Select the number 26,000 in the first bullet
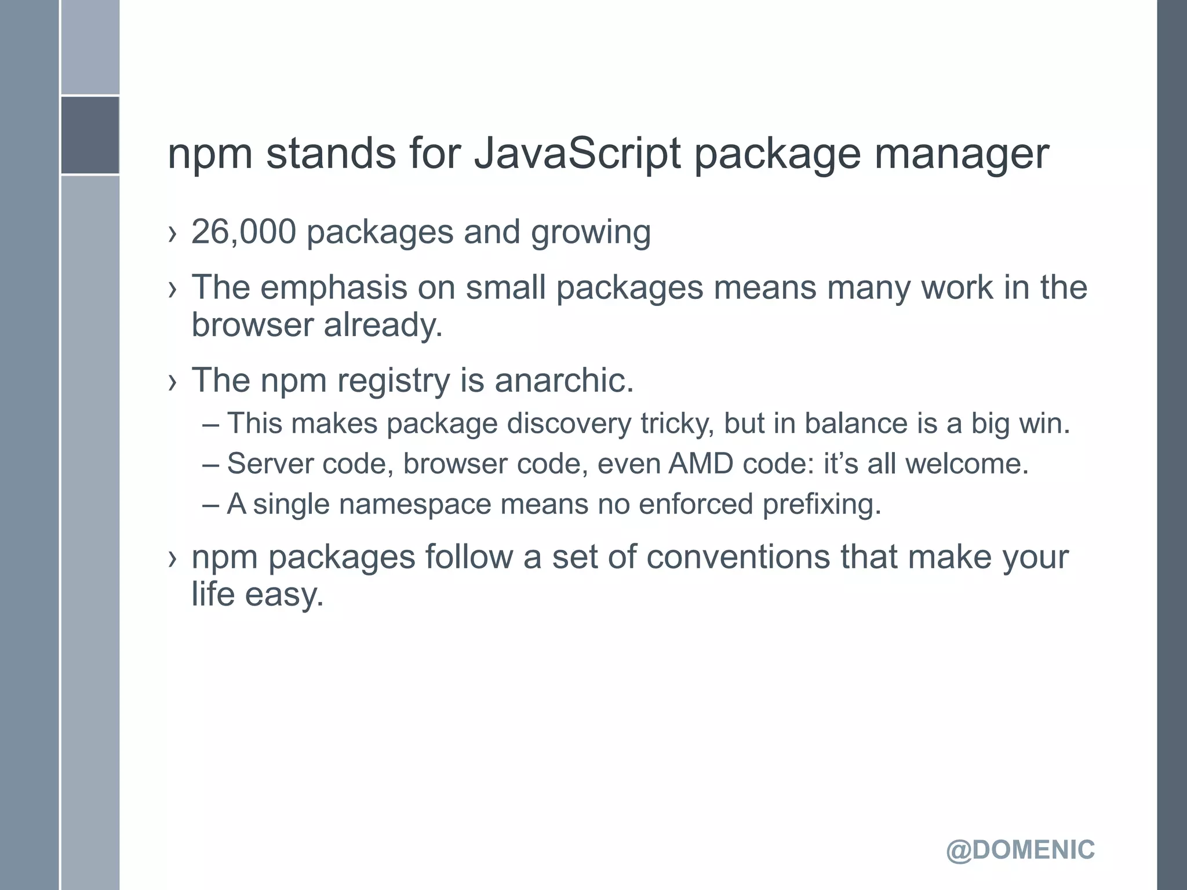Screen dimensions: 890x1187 [x=243, y=232]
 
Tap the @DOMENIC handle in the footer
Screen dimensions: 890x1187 [x=1020, y=850]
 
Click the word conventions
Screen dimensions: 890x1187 [x=738, y=557]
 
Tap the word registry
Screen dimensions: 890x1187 [x=394, y=381]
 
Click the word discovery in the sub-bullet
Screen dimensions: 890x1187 [x=569, y=424]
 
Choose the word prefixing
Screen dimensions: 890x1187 [x=821, y=504]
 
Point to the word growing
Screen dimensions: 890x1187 [x=591, y=233]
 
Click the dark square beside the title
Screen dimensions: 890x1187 [x=90, y=135]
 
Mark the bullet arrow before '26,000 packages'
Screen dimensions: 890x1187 [x=172, y=234]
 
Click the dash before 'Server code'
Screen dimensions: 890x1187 [x=211, y=464]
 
